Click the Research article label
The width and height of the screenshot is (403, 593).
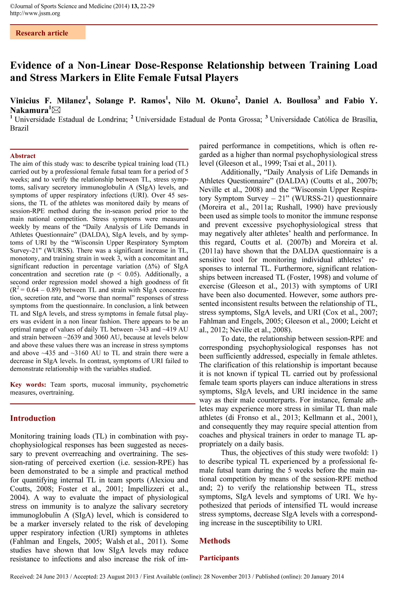tap(42, 33)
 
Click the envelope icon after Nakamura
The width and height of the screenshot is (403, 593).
tap(56, 110)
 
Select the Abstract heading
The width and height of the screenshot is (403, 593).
tap(23, 156)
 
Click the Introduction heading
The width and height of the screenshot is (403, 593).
tap(33, 418)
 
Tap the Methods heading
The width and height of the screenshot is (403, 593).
tap(215, 541)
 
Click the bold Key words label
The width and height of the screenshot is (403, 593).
tap(28, 385)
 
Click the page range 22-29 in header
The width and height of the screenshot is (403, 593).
tap(147, 6)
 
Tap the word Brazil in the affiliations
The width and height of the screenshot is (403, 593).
tap(19, 128)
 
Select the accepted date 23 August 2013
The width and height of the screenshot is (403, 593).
tap(119, 576)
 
